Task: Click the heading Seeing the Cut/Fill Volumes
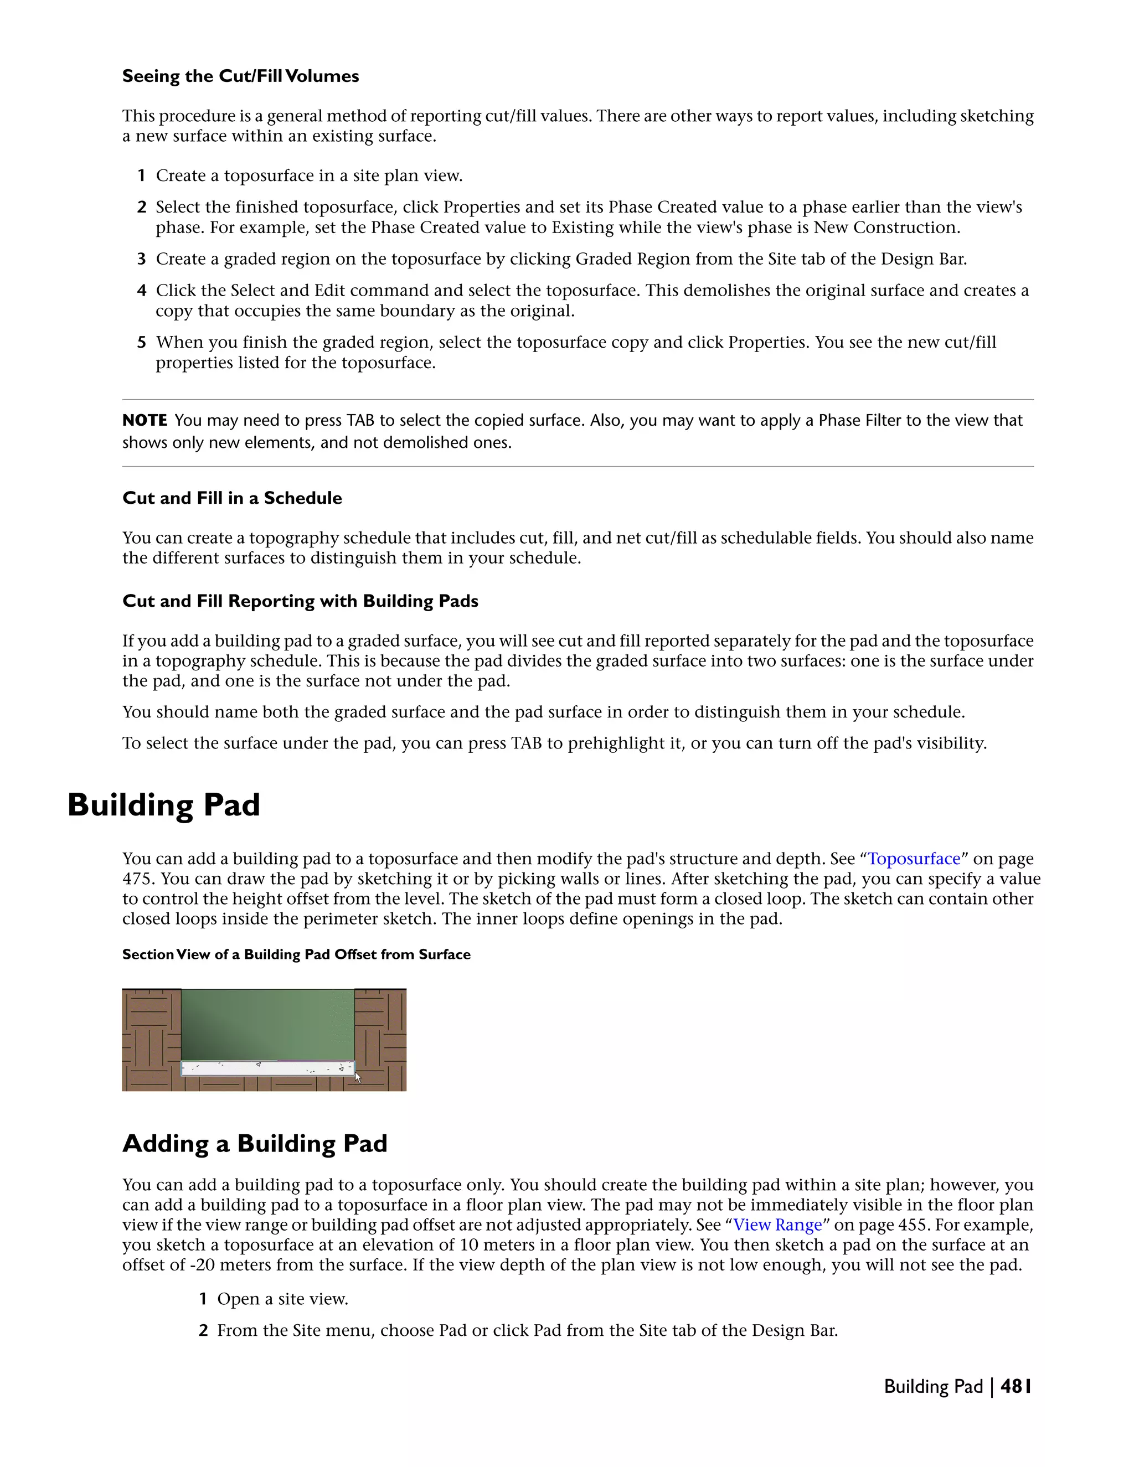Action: pos(240,76)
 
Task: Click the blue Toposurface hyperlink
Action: pos(914,859)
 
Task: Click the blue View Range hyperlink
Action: pos(777,1225)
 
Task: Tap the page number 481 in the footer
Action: pos(1015,1386)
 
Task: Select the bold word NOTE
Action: pos(145,421)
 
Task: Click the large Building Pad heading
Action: pos(163,805)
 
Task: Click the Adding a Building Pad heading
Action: pos(255,1143)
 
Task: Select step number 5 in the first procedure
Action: pos(142,343)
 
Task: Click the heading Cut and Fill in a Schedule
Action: pos(232,498)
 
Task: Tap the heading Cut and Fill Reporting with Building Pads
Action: pos(300,601)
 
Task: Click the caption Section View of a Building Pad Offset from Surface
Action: pos(296,954)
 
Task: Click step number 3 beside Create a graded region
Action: pos(142,259)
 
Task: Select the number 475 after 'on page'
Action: pos(138,879)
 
